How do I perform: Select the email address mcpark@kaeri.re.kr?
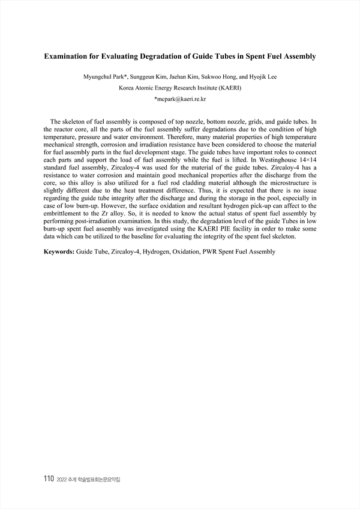181,98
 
